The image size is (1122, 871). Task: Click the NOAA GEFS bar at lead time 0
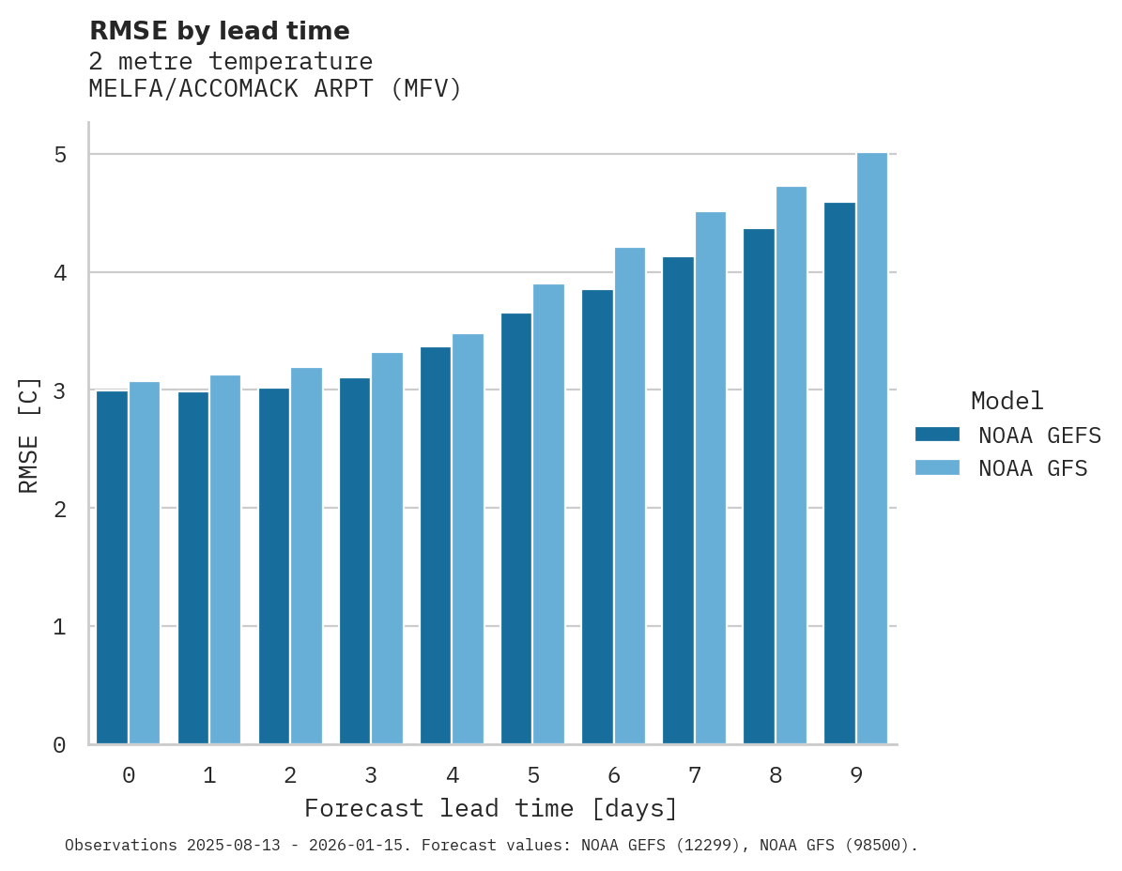112,568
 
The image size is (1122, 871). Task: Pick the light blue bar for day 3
387,548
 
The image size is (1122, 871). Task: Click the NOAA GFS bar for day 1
225,559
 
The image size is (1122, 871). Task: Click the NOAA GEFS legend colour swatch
937,435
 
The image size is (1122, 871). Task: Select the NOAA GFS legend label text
1033,468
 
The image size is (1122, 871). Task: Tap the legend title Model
1007,401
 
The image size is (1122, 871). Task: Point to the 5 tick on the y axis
60,154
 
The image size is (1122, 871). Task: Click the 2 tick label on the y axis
60,509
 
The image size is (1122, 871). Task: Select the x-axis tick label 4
453,775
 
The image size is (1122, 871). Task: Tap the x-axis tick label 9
856,775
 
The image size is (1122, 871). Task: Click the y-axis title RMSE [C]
29,435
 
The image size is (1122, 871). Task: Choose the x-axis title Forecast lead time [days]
490,808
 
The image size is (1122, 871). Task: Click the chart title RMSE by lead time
219,31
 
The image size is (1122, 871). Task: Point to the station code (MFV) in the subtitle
426,89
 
